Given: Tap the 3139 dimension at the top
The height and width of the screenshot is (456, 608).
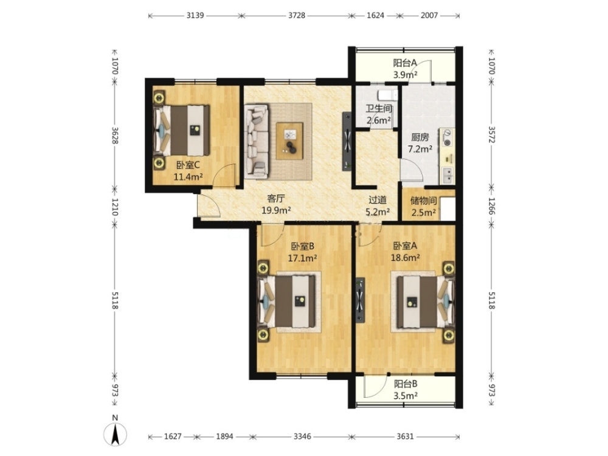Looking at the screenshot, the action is [195, 16].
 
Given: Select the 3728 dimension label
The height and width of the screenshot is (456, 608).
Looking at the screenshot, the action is [297, 16].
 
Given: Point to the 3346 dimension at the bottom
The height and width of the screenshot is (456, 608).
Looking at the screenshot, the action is [302, 437].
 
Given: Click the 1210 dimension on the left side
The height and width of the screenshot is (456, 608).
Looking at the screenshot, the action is [115, 207].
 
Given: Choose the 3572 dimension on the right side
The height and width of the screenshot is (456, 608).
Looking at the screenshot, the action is [491, 134].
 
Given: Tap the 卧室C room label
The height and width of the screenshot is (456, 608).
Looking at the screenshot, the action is [188, 165].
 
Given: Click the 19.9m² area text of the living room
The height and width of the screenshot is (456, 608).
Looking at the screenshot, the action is [277, 210].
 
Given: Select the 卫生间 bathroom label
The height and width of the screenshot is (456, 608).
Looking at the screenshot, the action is [378, 109].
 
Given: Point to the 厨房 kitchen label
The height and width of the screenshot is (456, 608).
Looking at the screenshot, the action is [420, 137].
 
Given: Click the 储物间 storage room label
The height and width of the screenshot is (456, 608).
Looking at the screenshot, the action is [423, 201].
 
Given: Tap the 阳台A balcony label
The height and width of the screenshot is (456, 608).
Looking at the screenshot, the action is [405, 63].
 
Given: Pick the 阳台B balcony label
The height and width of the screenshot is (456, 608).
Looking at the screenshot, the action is [406, 384].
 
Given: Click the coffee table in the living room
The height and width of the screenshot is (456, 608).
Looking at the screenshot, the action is [289, 141].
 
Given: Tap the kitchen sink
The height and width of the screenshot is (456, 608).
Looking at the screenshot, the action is [447, 175].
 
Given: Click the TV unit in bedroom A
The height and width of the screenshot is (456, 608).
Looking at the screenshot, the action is [361, 300].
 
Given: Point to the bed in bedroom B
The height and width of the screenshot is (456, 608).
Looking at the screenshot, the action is [287, 301].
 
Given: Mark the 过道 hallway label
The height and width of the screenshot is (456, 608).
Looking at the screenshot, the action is [378, 200].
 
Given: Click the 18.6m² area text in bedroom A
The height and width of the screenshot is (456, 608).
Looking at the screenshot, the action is [406, 258].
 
